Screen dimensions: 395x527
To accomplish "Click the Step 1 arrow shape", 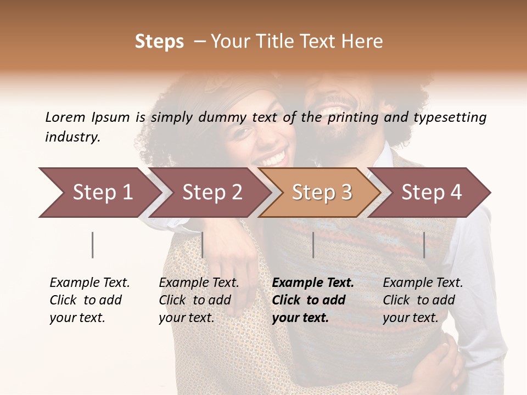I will (99, 193).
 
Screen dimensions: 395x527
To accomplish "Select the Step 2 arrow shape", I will (211, 193).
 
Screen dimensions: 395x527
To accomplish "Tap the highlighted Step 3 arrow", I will (321, 193).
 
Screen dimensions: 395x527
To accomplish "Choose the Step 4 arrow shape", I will (431, 193).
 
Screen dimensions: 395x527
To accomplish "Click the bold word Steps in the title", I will (159, 42).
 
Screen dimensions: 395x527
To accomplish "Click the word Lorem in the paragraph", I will (65, 117).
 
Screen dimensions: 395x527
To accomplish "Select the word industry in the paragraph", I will (72, 137).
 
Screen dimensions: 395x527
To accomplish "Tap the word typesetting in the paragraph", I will (450, 117).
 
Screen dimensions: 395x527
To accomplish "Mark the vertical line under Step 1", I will (92, 245).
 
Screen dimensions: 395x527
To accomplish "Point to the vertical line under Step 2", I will (203, 245).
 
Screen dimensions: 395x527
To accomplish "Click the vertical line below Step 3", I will (313, 245).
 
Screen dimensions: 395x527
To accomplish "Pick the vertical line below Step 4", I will (424, 245).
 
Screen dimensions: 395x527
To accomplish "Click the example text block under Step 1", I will (89, 300).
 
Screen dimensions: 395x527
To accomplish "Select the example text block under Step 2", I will (199, 300).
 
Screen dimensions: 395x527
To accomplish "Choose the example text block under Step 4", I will (423, 300).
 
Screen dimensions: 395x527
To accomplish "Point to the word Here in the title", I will (362, 42).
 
